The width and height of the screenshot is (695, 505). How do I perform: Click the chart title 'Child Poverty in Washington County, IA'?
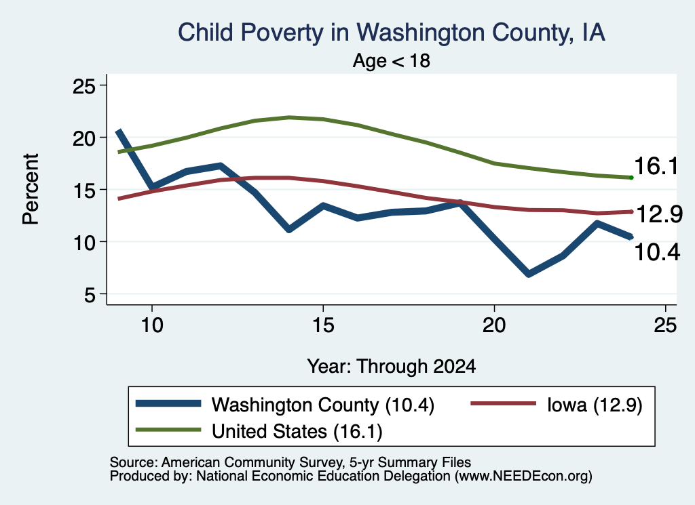tap(392, 33)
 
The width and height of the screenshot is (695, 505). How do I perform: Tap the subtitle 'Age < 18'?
tap(392, 60)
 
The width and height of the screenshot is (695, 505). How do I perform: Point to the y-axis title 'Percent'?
tap(31, 189)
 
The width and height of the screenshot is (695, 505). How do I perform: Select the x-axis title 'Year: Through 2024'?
tap(392, 367)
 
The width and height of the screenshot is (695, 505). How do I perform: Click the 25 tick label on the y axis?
tap(83, 86)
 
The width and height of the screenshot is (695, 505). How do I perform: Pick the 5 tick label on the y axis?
tap(90, 294)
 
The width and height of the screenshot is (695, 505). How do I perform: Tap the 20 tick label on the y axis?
tap(83, 138)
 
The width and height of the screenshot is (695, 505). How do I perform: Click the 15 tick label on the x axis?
tap(323, 325)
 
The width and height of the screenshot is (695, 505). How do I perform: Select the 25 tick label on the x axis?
tap(665, 325)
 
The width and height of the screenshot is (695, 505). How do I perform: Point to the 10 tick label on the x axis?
tap(152, 325)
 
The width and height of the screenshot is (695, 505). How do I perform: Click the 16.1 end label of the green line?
tap(656, 167)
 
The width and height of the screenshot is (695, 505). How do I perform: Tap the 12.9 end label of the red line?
tap(659, 215)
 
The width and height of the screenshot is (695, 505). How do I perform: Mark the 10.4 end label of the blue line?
tap(657, 252)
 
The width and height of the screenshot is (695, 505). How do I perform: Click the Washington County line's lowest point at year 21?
tap(528, 274)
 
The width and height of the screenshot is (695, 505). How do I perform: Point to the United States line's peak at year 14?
tap(289, 117)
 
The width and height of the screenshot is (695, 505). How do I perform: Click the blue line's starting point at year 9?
tap(118, 132)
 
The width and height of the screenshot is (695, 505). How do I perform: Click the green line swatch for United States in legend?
tap(168, 429)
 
